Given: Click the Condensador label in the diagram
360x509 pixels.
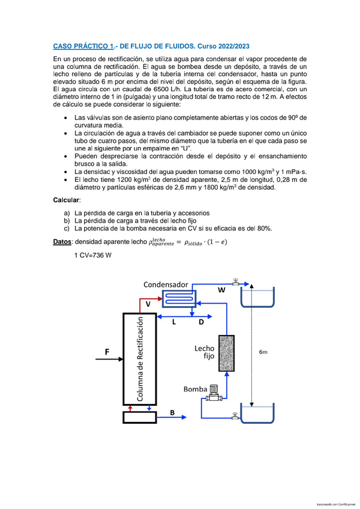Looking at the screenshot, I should tap(165, 284).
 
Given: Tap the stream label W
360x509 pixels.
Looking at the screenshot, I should tap(221, 290).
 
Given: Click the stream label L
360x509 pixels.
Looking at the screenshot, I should tap(174, 322).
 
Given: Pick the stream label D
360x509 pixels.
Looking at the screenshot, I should tap(202, 322).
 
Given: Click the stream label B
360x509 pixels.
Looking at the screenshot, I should tap(189, 413).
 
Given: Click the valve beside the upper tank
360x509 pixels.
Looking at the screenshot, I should tap(235, 282).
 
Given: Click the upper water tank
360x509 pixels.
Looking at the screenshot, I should tap(257, 297).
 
